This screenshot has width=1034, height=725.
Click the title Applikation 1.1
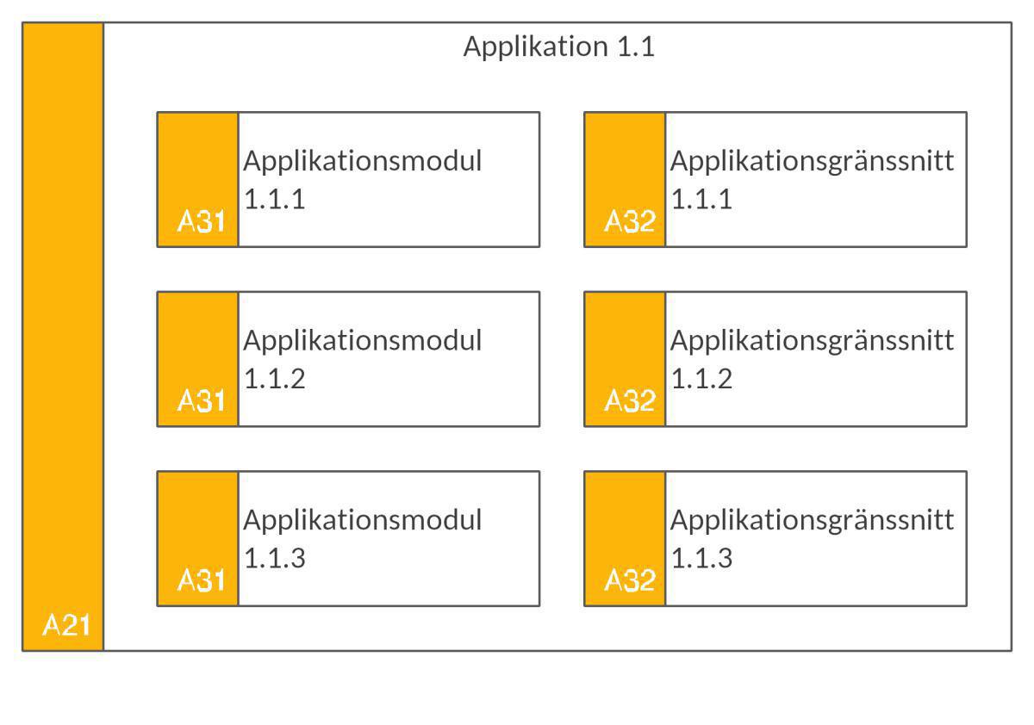pyautogui.click(x=558, y=46)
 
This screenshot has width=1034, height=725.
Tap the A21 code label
pyautogui.click(x=66, y=626)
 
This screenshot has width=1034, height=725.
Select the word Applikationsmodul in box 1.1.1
pyautogui.click(x=362, y=162)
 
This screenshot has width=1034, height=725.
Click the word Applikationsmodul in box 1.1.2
pyautogui.click(x=362, y=341)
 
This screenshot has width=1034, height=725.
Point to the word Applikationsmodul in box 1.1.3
pyautogui.click(x=362, y=521)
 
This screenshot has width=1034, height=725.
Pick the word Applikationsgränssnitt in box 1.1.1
pyautogui.click(x=812, y=162)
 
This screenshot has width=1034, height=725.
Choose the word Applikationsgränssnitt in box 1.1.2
pyautogui.click(x=812, y=341)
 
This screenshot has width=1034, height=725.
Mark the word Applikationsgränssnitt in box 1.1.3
pyautogui.click(x=812, y=521)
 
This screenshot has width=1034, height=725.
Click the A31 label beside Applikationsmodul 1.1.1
pyautogui.click(x=201, y=223)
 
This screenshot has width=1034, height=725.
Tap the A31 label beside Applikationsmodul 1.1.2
pyautogui.click(x=201, y=402)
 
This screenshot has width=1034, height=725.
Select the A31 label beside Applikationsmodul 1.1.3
pyautogui.click(x=201, y=582)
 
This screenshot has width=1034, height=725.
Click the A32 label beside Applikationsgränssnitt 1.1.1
pyautogui.click(x=629, y=223)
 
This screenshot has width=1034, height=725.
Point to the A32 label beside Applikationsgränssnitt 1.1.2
pyautogui.click(x=629, y=402)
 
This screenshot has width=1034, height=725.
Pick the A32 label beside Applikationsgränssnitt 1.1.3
pyautogui.click(x=629, y=582)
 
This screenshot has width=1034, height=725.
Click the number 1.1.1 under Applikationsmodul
pyautogui.click(x=274, y=201)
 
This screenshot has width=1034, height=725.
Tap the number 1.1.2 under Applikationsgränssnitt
pyautogui.click(x=701, y=380)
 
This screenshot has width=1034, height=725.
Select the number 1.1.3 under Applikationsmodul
pyautogui.click(x=274, y=560)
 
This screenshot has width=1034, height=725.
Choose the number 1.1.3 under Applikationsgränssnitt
pyautogui.click(x=701, y=560)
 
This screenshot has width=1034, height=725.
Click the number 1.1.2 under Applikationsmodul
pyautogui.click(x=274, y=380)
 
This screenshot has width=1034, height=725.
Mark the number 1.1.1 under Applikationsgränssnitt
pyautogui.click(x=701, y=201)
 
